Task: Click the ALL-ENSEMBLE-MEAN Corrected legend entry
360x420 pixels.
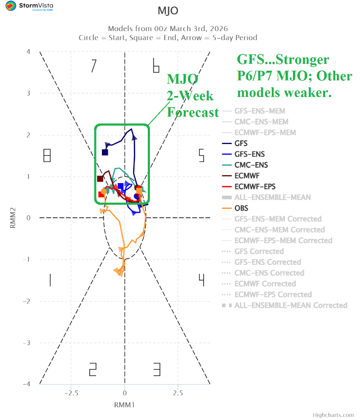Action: [290, 305]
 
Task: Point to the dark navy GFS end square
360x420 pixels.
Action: [105, 152]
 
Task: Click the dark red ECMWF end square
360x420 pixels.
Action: [100, 179]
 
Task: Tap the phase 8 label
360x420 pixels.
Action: [46, 156]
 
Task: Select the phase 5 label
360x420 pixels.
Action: [201, 156]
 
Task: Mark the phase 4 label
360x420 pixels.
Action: [201, 280]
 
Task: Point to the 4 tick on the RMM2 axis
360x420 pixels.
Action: [28, 52]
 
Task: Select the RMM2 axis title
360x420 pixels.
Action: [12, 217]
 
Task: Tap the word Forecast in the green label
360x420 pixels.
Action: [193, 112]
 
